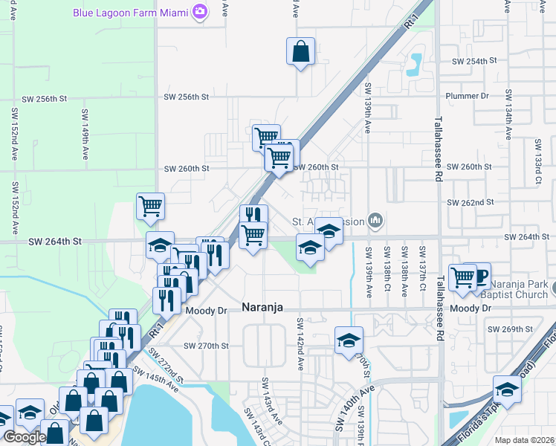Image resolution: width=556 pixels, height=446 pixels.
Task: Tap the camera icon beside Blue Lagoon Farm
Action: [x=199, y=12]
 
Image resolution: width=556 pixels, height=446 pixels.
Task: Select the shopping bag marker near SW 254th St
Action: [x=300, y=52]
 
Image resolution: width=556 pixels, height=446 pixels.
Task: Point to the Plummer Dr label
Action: [x=466, y=96]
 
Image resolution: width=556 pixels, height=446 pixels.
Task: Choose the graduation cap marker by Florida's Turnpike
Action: [x=507, y=390]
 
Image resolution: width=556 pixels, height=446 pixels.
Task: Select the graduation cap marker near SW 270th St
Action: [x=349, y=341]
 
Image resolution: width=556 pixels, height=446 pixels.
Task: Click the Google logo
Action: [x=24, y=437]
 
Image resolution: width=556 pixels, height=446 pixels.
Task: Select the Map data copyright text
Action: [x=524, y=440]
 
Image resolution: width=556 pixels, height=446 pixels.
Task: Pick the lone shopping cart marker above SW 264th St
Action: [x=150, y=206]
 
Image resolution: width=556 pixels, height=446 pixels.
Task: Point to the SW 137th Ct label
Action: [x=422, y=262]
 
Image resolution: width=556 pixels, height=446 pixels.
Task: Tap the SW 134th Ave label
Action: [x=509, y=114]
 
